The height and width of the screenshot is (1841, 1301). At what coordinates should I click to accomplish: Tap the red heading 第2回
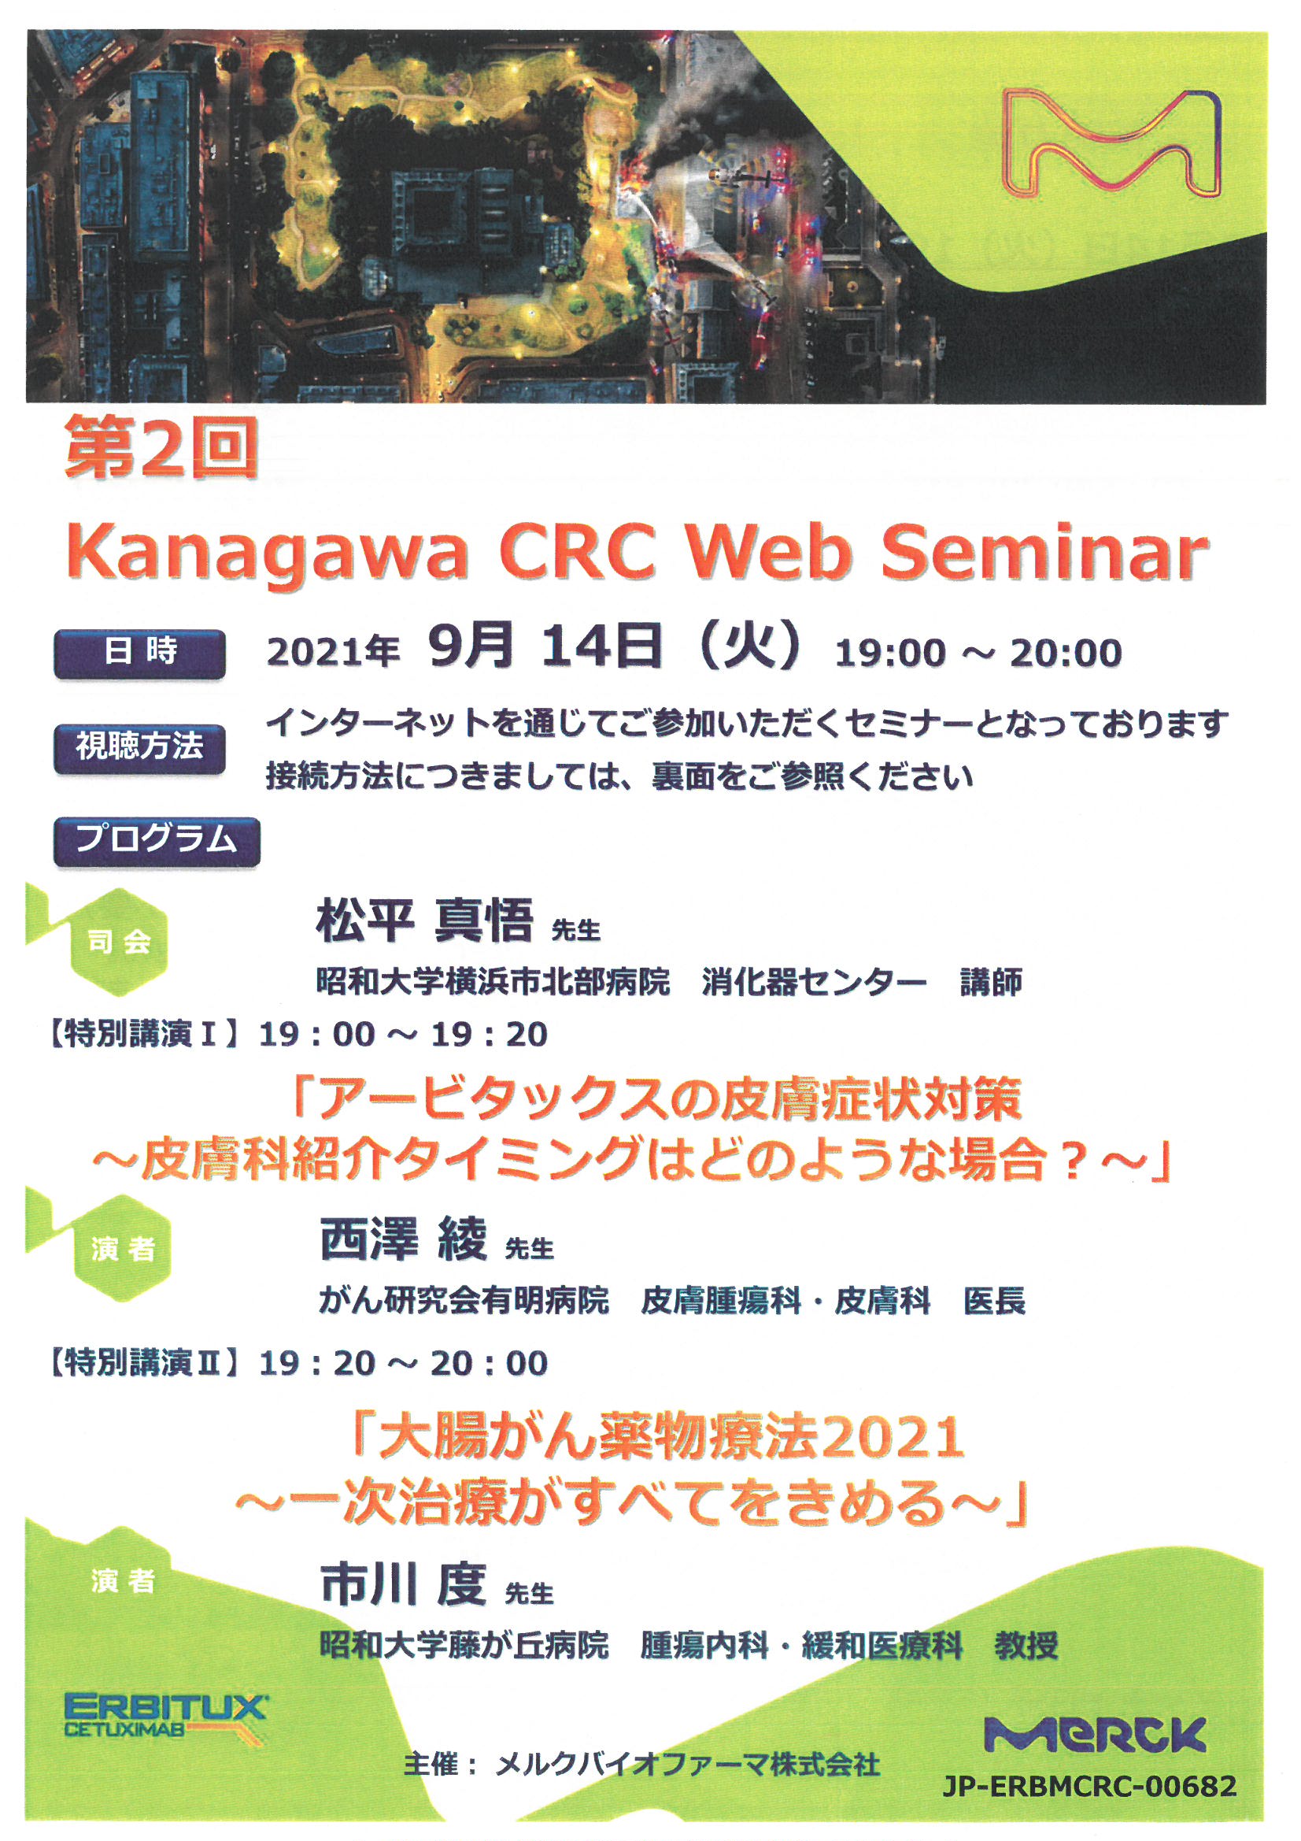click(161, 448)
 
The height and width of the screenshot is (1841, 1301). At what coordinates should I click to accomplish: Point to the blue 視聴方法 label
click(139, 748)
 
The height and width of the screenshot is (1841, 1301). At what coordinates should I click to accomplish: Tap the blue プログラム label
click(157, 842)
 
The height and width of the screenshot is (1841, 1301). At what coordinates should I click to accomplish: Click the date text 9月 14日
click(545, 646)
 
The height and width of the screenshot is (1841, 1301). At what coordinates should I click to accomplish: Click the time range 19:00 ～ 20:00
click(978, 653)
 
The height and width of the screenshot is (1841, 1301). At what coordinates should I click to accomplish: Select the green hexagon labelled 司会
click(120, 941)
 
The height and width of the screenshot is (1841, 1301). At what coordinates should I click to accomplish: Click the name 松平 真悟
click(425, 920)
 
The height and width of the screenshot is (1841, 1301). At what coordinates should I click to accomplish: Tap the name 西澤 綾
click(403, 1239)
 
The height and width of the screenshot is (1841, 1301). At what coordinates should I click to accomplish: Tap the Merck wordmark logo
click(1095, 1735)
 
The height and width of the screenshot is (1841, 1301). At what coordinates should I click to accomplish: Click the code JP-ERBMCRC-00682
click(1090, 1786)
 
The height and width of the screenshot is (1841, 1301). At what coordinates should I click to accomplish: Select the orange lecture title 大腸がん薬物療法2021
click(660, 1437)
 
